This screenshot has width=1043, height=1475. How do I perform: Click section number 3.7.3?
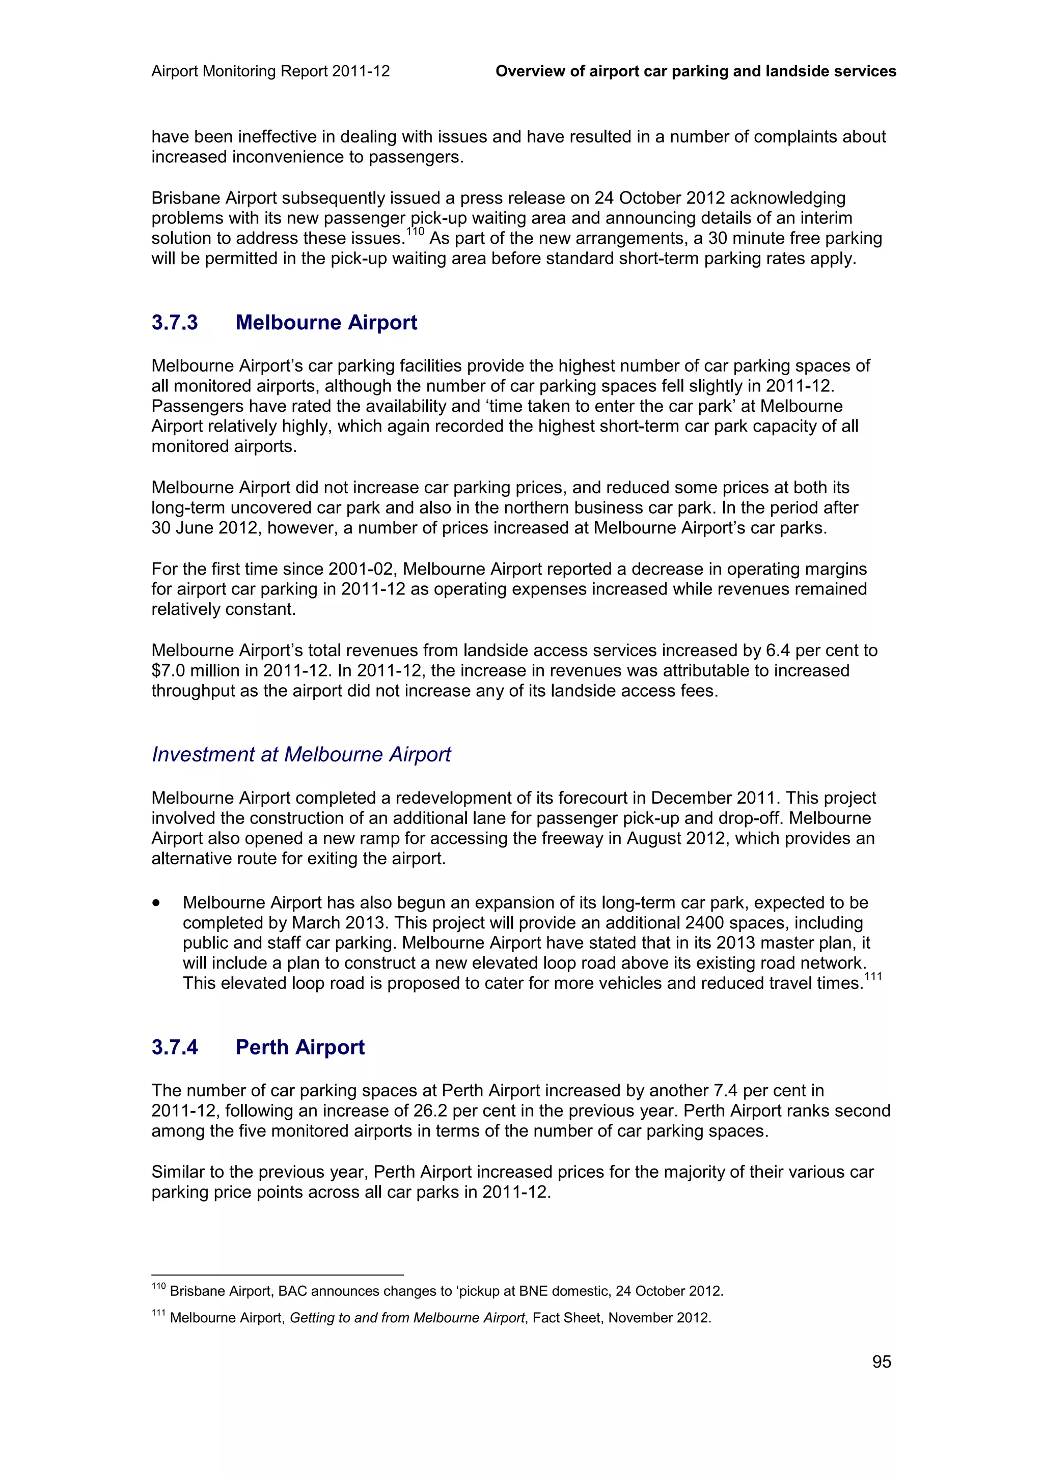point(175,323)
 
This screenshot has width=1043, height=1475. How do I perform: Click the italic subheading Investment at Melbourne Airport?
point(301,754)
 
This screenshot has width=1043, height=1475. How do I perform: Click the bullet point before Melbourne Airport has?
point(156,903)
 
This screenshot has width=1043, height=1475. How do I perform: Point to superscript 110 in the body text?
point(415,232)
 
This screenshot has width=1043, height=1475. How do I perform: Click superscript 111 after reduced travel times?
point(873,977)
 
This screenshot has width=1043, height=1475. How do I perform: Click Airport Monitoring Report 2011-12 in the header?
point(270,71)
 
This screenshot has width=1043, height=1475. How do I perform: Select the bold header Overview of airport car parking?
point(695,71)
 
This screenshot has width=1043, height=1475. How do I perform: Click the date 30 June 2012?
point(204,528)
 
